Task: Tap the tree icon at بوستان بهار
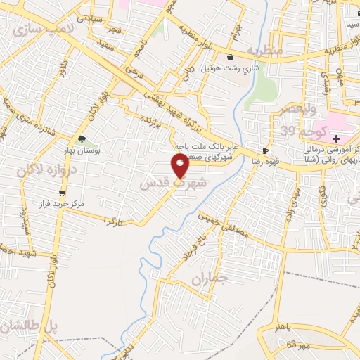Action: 82,139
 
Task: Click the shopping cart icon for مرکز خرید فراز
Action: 63,193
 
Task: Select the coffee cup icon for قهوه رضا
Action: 265,150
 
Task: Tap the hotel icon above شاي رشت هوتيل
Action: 230,58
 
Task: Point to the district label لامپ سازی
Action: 39,29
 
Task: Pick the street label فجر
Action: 114,31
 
